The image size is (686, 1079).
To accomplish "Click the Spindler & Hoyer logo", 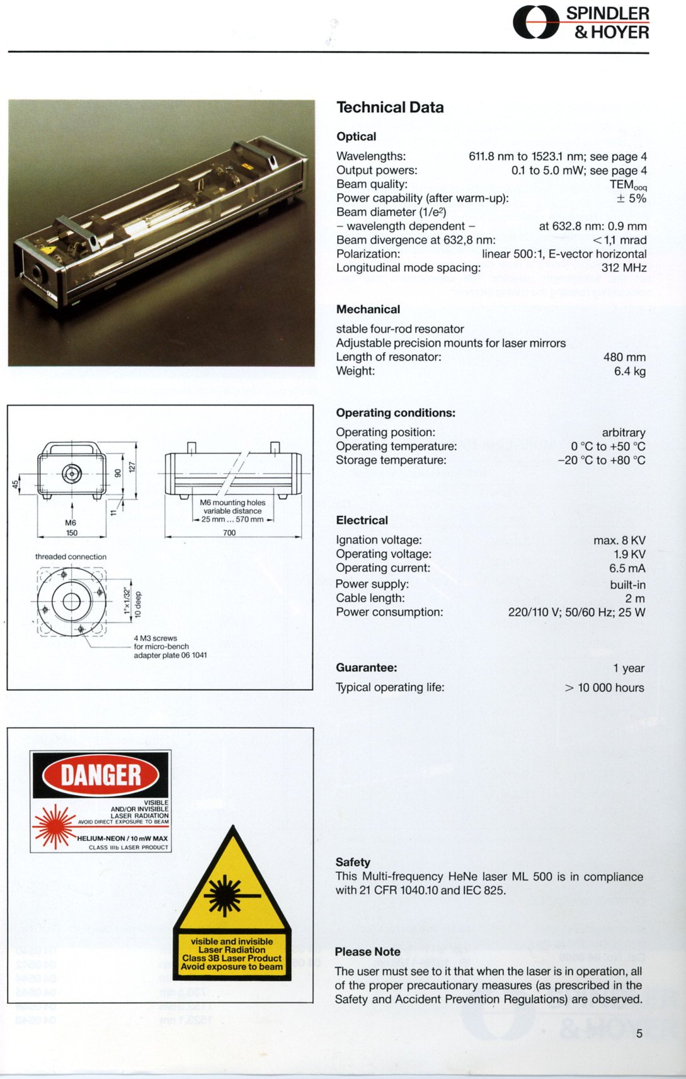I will coord(580,23).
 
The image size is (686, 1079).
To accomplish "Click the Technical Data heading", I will coord(390,108).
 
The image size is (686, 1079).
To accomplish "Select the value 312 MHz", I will coord(624,268).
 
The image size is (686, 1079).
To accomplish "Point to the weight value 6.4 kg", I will coord(630,371).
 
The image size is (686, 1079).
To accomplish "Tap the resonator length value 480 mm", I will coord(624,357).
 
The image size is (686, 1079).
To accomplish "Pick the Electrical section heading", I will coord(362,520).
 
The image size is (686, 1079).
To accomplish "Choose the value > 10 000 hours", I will coord(604,687).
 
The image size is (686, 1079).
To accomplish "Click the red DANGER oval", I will coord(101,775).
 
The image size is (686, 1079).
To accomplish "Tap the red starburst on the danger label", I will coord(54,826).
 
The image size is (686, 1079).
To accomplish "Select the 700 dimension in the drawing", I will coord(229,533).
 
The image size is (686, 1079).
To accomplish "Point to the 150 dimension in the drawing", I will coord(72,533).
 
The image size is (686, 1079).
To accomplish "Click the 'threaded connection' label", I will coord(71,557).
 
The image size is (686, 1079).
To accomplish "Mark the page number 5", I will coord(639,1033).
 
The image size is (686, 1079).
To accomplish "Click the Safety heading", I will coord(353,862).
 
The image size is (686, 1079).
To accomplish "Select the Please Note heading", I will coord(367,952).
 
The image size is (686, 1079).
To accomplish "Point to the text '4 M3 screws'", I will coord(155,638).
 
